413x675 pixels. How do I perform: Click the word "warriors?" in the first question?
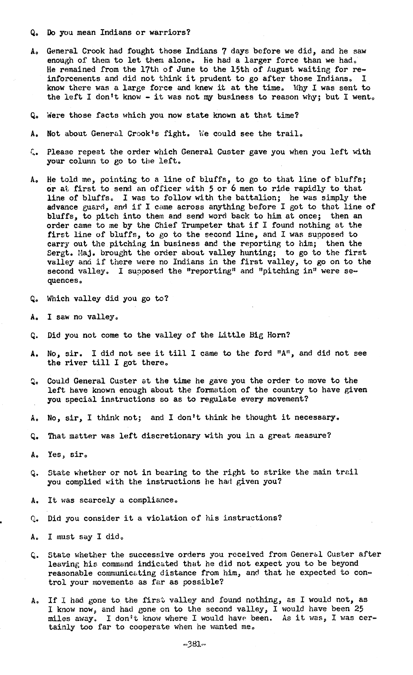[x=170, y=33]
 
